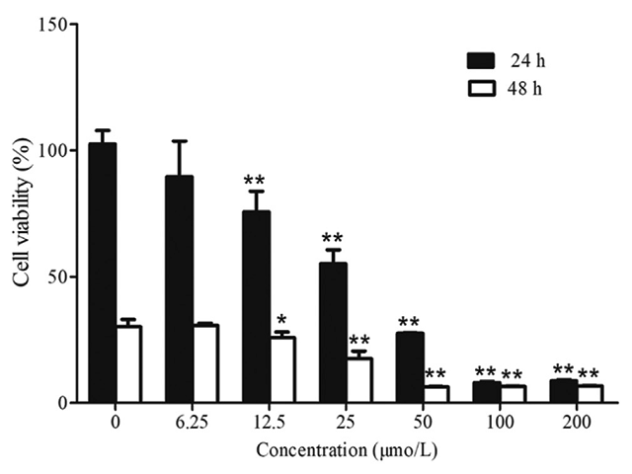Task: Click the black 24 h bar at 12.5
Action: click(x=256, y=306)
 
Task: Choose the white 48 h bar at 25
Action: click(x=358, y=380)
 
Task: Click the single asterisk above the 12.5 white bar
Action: click(x=281, y=321)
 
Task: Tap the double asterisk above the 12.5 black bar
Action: click(x=254, y=181)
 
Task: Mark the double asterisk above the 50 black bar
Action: click(x=408, y=323)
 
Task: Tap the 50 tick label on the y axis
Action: click(x=58, y=276)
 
